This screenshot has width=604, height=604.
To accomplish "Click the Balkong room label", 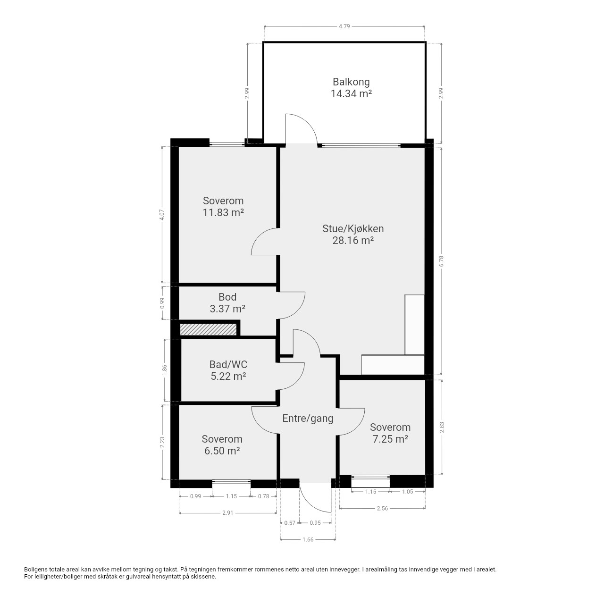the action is (351, 82).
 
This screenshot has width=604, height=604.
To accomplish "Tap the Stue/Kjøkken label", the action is (353, 228).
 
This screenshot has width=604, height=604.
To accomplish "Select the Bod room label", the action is (227, 297).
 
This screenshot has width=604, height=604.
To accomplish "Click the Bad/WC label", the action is (228, 364).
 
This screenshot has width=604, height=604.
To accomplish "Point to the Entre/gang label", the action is (308, 419).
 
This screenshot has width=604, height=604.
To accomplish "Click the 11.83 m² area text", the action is (223, 212).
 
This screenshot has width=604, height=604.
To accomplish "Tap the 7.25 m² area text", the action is (390, 439).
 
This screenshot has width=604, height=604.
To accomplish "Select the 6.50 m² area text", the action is (222, 451).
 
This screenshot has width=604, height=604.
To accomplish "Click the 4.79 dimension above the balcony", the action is (344, 26).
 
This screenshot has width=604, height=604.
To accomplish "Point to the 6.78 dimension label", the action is (441, 261).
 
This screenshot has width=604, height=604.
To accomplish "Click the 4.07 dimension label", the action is (162, 215).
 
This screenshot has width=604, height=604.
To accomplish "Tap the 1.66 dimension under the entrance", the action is (308, 539).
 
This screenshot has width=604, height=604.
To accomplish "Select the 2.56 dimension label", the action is (382, 508).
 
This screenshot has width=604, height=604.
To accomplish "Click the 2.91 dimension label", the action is (227, 513).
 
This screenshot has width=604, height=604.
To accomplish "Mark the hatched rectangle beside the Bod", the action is (208, 329).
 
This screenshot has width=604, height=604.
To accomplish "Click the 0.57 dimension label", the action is (290, 523).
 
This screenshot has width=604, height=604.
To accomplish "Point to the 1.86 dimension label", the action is (165, 370).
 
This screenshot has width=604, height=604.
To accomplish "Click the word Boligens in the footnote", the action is (36, 570).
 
